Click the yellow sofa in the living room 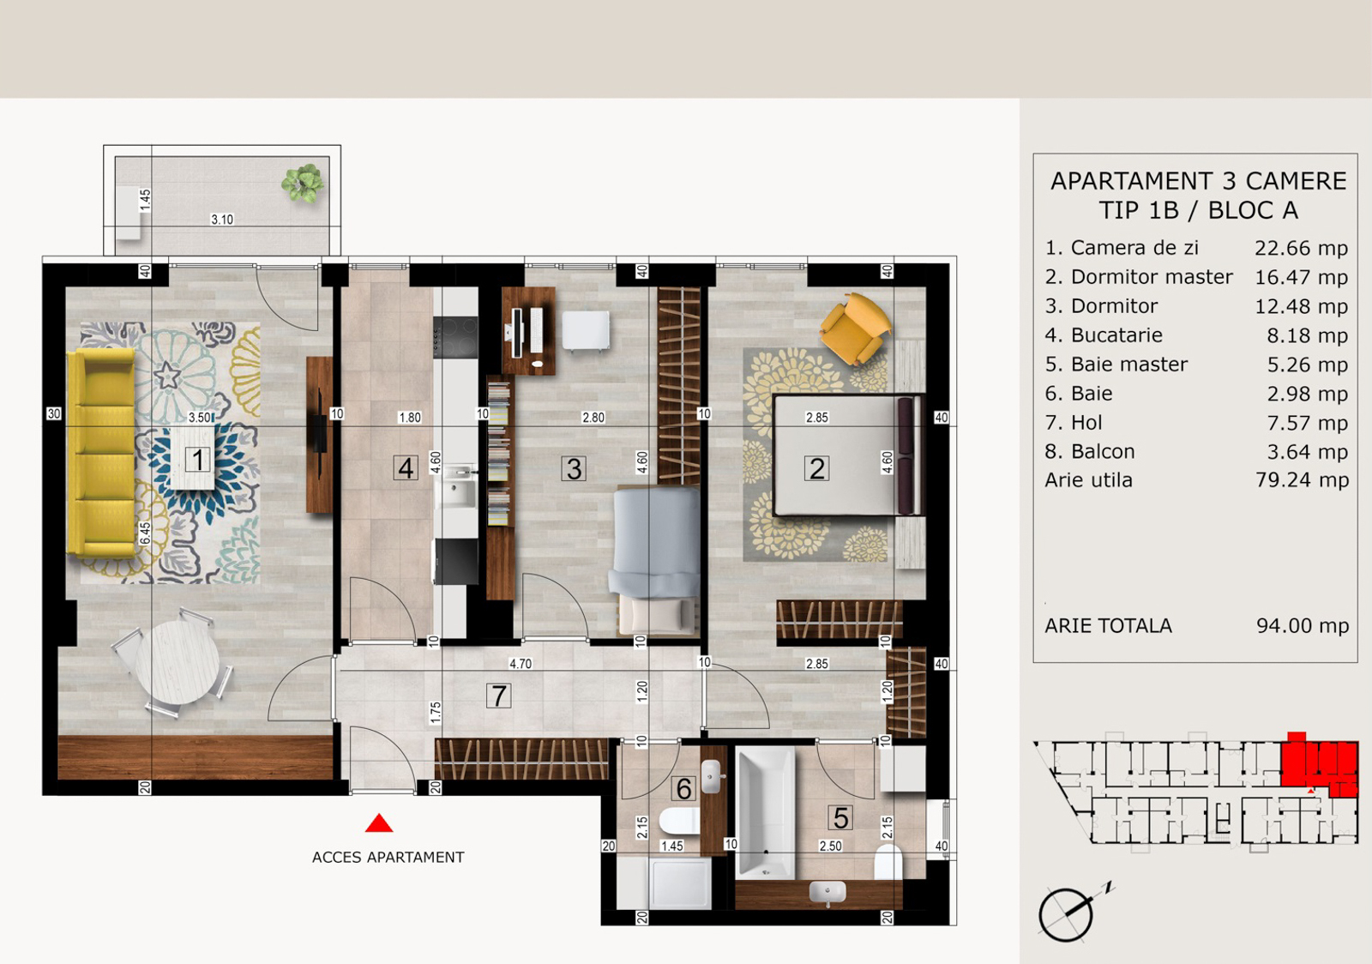(x=102, y=453)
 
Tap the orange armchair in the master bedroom (x=856, y=328)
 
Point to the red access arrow (x=379, y=823)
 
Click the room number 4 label (x=406, y=468)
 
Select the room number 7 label (x=498, y=696)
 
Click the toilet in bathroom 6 (x=679, y=821)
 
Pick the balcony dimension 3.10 (x=222, y=220)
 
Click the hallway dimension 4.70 (x=521, y=663)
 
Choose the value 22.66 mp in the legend (x=1301, y=248)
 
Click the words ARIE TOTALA (x=1108, y=625)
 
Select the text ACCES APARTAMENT (x=388, y=857)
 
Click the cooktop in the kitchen (x=455, y=337)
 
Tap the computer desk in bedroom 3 (x=528, y=331)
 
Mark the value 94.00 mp (x=1303, y=625)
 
